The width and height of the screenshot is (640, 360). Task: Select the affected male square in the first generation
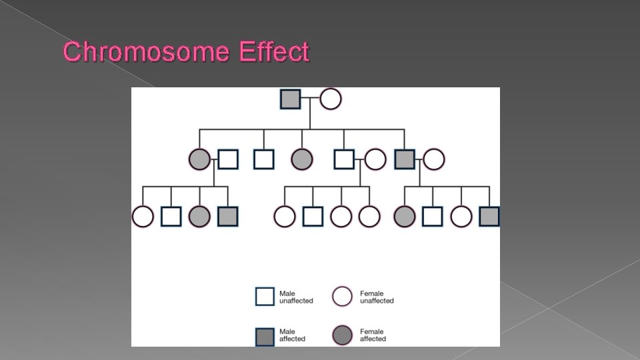pos(290,99)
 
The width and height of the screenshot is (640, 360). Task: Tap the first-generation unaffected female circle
pos(330,99)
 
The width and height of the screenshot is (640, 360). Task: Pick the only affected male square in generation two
pos(405,159)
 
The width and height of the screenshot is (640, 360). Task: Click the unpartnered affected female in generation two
pos(301,159)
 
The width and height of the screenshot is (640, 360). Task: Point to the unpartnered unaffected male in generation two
pos(263,159)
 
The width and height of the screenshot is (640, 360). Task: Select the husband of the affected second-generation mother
pos(228,159)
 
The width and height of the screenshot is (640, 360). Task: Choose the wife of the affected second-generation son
pos(434,159)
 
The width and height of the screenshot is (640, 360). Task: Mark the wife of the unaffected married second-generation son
pos(375,159)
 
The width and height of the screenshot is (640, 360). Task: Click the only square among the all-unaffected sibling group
pos(313,217)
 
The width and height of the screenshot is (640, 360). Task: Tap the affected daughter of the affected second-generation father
pos(404,217)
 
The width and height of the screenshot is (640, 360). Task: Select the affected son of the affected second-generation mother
pos(228,217)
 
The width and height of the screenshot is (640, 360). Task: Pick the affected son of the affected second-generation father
pos(489,217)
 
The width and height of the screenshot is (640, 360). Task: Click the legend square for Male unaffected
pos(265,297)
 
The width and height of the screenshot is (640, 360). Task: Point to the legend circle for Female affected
pos(343,335)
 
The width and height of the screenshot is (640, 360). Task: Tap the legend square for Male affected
pos(265,335)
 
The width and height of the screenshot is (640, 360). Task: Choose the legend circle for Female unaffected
pos(343,297)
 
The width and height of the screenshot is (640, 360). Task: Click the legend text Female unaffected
pos(377,297)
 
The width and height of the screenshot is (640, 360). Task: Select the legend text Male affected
pos(292,335)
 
